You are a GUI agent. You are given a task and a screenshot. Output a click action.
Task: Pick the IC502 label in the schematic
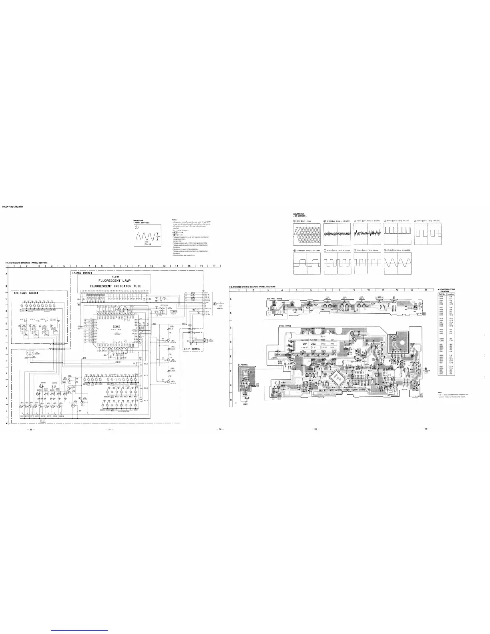173,311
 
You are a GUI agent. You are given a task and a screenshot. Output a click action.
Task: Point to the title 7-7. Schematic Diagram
26,262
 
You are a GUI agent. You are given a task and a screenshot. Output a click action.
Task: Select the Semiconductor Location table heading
447,290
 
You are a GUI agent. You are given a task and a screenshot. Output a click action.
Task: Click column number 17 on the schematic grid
214,266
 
